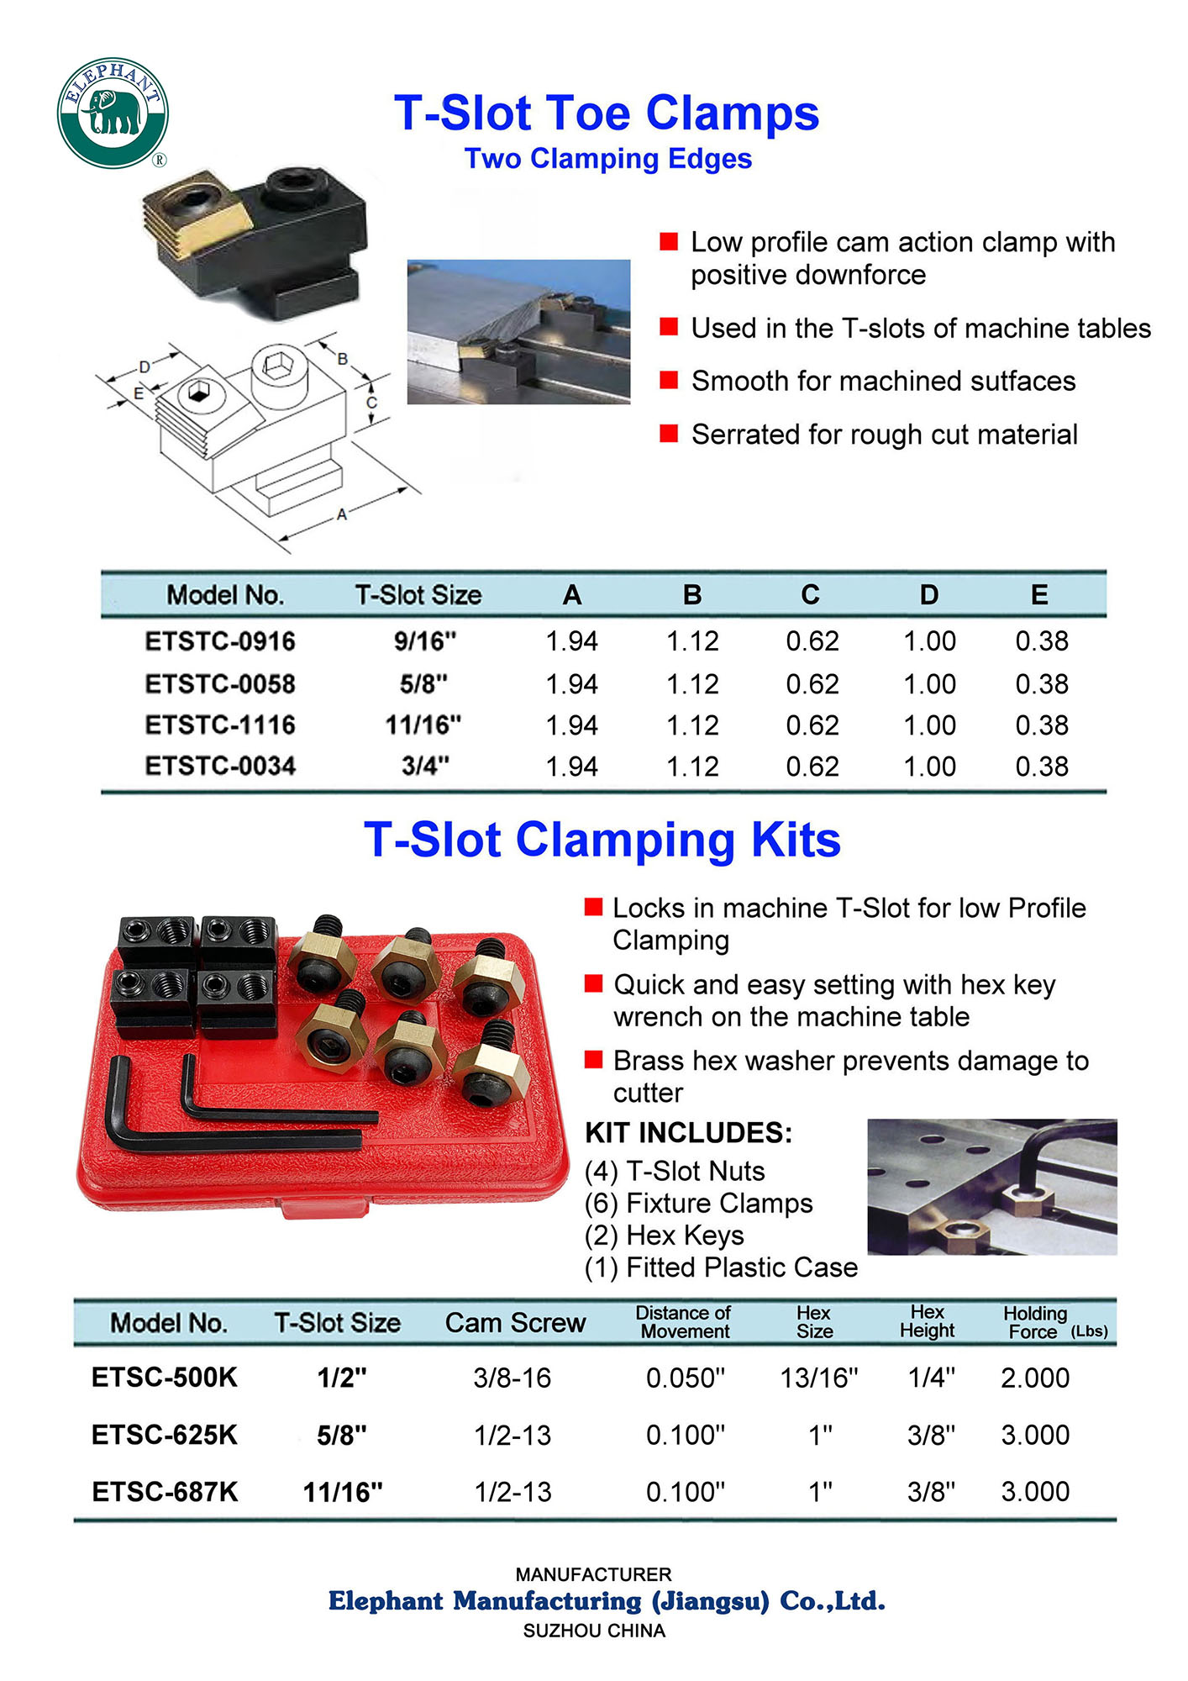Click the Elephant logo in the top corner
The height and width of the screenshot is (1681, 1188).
tap(113, 113)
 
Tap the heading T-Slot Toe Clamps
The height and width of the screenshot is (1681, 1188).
tap(606, 113)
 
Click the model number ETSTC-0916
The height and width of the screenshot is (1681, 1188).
tap(220, 641)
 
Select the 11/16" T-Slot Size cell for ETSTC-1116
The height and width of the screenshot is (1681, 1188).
tap(423, 725)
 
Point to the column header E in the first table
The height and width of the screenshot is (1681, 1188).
tap(1039, 595)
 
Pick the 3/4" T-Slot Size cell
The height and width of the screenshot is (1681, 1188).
tap(425, 766)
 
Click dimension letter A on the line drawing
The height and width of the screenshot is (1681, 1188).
tap(342, 514)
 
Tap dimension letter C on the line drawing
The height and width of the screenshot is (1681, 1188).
tap(371, 403)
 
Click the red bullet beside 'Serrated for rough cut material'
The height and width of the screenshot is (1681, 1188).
tap(669, 434)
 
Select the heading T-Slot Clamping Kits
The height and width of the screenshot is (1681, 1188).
tap(602, 840)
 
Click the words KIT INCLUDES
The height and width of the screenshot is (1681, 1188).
tap(688, 1133)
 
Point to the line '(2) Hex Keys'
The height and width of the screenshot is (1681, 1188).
tap(664, 1236)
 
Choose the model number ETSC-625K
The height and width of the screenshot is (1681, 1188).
tap(165, 1435)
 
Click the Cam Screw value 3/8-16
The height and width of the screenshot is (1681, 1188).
tap(513, 1378)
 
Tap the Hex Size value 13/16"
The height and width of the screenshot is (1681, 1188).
tap(819, 1378)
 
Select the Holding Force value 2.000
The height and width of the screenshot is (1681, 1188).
tap(1035, 1378)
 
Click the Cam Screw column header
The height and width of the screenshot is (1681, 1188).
tap(515, 1323)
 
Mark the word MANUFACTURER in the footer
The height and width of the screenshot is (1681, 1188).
tap(593, 1574)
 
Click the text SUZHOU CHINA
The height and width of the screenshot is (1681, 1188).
tap(594, 1631)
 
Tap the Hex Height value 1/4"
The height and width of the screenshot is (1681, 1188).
tap(931, 1378)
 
